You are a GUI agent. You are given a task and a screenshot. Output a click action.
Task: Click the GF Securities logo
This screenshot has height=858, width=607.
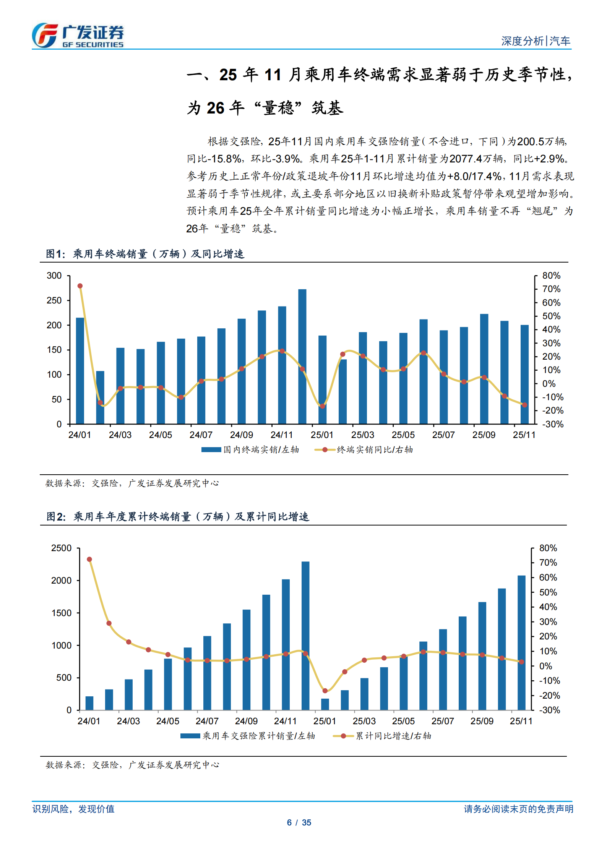[x=78, y=35]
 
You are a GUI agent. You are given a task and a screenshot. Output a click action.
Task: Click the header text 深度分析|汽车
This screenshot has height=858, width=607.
[x=535, y=41]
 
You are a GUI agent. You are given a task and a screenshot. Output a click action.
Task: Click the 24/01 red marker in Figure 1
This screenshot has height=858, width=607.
[x=80, y=286]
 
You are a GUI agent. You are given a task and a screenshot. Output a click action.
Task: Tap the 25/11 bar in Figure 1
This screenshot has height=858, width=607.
[x=524, y=375]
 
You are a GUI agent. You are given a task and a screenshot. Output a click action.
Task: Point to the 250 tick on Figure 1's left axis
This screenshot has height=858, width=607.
[x=54, y=300]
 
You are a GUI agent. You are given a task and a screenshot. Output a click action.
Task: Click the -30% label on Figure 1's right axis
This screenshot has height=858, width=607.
[x=552, y=424]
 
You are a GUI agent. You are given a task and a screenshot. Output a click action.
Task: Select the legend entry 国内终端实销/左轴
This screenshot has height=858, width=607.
[x=250, y=450]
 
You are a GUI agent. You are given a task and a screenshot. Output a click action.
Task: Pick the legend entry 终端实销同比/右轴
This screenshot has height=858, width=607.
[x=363, y=450]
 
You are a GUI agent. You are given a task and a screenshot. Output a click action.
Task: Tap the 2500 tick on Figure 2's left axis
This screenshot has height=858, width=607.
[x=61, y=548]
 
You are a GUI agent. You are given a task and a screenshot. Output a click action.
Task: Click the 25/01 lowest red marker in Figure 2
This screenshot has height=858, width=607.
[x=325, y=691]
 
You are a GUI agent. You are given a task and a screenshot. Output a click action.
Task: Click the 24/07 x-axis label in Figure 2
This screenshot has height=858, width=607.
[x=207, y=721]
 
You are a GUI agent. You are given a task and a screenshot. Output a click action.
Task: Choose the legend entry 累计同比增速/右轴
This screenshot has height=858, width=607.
[x=382, y=736]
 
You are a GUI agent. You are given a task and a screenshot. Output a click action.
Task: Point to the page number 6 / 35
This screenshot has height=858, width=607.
[x=299, y=822]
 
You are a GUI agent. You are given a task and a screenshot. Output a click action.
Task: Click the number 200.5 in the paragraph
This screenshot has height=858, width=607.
[x=531, y=142]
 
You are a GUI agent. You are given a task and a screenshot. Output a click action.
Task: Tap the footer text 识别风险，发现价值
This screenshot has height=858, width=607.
[x=73, y=809]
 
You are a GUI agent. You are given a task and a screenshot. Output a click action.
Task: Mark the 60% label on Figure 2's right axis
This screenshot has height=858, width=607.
[x=548, y=577]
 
